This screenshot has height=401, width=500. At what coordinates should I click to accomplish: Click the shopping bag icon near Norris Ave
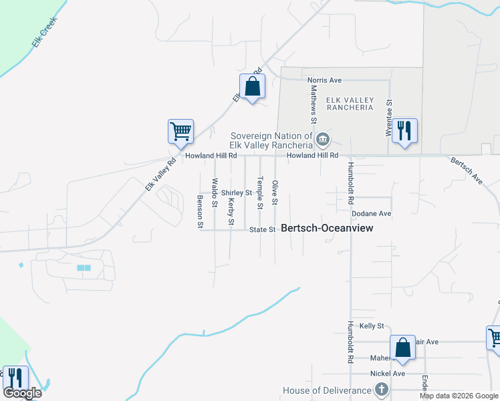[x=252, y=86]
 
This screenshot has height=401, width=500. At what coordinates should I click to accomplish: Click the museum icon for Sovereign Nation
[x=323, y=140]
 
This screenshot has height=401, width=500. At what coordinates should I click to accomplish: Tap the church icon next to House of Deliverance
[x=381, y=389]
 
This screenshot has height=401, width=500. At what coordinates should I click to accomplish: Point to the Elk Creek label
[x=45, y=32]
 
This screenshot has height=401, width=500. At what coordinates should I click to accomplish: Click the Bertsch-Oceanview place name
[x=327, y=228]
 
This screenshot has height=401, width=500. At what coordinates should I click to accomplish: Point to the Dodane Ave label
[x=371, y=214]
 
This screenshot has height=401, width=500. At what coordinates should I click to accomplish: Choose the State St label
[x=262, y=230]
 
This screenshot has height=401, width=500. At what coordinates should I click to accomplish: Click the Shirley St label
[x=237, y=192]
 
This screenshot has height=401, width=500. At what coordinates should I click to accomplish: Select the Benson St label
[x=199, y=212]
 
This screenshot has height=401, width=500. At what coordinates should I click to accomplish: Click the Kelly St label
[x=372, y=326]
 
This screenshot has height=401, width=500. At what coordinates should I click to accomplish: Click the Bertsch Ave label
[x=467, y=171]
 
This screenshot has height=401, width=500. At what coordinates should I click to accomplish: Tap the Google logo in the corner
[x=23, y=393]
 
